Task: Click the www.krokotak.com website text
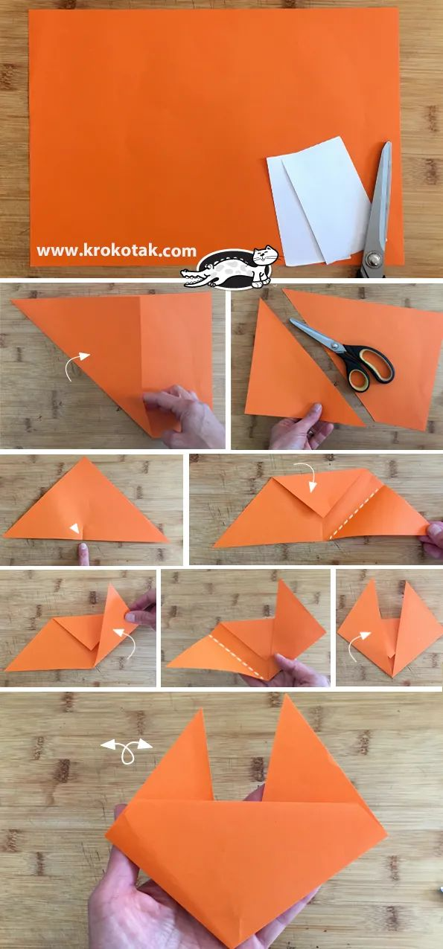point(117,251)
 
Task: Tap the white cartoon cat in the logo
point(264,266)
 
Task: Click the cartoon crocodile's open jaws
point(196,278)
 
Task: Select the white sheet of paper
point(319,202)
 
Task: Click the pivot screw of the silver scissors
point(374,259)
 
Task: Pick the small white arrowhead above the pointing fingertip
point(74,528)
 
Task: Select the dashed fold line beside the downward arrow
point(354,513)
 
